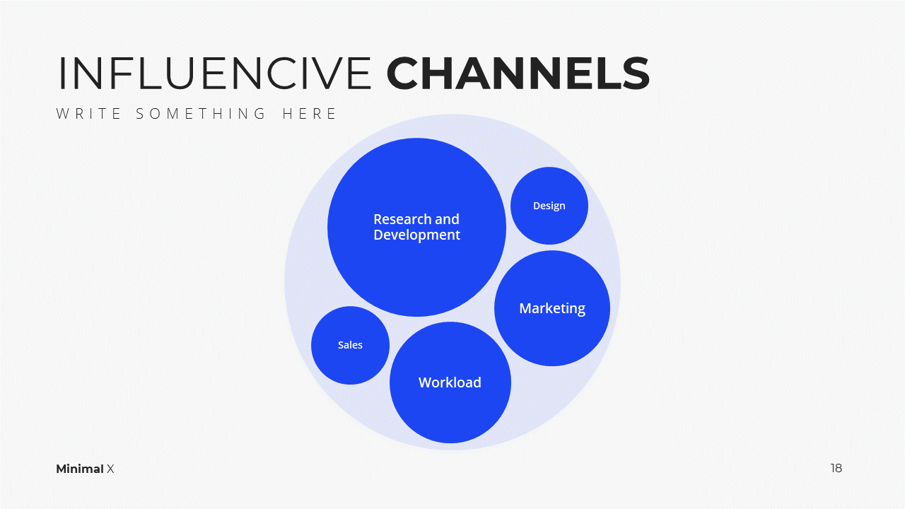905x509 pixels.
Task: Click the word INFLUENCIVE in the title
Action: [x=215, y=73]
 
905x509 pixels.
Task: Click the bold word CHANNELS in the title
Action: [x=518, y=73]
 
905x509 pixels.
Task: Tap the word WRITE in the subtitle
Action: [x=88, y=114]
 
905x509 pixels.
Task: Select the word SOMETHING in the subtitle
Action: [x=200, y=114]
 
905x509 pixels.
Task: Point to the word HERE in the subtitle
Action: [x=309, y=114]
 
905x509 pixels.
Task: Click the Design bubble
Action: [x=549, y=206]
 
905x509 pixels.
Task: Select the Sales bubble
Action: [x=350, y=345]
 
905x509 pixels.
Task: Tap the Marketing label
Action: [x=552, y=309]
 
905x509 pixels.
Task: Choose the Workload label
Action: [x=450, y=382]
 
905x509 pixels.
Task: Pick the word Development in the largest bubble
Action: [x=416, y=235]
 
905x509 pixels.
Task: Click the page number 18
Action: [x=836, y=468]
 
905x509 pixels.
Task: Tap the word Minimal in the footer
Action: [x=80, y=469]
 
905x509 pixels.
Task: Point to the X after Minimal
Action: [x=110, y=469]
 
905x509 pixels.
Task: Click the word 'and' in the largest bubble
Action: [x=447, y=219]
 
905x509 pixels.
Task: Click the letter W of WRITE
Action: [x=63, y=114]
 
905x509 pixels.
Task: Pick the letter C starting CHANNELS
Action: [x=403, y=73]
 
